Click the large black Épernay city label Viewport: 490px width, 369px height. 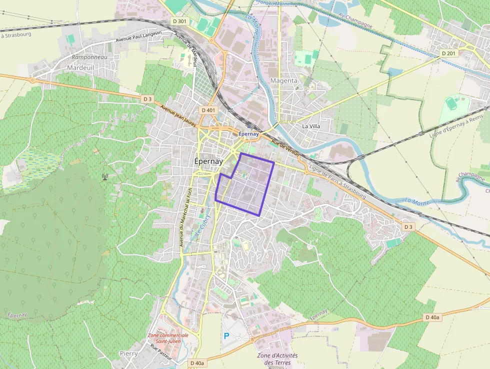[208, 162]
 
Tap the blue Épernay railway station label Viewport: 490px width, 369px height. [248, 134]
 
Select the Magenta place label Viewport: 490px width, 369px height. [283, 81]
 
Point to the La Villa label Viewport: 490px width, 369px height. [311, 126]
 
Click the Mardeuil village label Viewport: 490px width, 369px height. [79, 67]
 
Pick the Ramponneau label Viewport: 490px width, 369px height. [89, 57]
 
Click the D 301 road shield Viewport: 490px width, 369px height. [178, 21]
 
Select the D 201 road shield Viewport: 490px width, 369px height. [448, 53]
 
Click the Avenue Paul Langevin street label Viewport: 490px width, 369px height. [138, 36]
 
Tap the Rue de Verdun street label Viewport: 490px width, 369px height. [285, 148]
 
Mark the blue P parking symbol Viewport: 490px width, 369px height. [226, 336]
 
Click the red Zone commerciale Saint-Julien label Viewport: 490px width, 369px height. [168, 338]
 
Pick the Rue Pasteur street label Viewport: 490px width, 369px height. [160, 352]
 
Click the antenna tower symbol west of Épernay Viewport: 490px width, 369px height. [105, 176]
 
